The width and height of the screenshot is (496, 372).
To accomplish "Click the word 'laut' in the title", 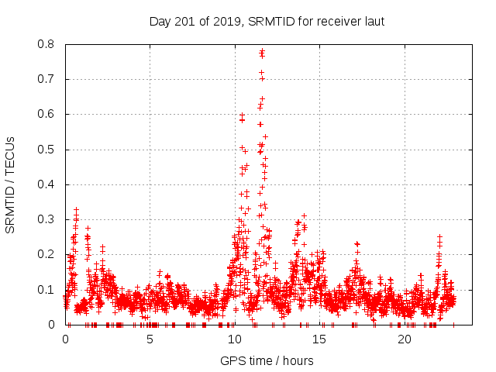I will pyautogui.click(x=373, y=21).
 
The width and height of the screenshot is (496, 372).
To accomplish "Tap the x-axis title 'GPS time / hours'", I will pyautogui.click(x=267, y=360).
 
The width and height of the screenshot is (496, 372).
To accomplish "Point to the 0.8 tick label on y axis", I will pyautogui.click(x=47, y=44).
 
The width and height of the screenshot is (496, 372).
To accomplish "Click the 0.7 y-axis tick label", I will pyautogui.click(x=47, y=79).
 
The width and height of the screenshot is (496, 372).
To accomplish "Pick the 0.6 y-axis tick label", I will pyautogui.click(x=47, y=114).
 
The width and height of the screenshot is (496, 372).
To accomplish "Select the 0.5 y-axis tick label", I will pyautogui.click(x=47, y=150).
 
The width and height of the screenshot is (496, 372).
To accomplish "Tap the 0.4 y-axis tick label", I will pyautogui.click(x=47, y=184).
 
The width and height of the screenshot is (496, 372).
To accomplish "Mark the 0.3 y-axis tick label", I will pyautogui.click(x=47, y=219).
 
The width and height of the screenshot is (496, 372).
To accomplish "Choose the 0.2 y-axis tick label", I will pyautogui.click(x=47, y=254).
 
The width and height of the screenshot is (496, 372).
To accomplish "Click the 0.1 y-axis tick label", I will pyautogui.click(x=47, y=290).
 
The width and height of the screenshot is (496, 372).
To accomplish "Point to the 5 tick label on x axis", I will pyautogui.click(x=150, y=340).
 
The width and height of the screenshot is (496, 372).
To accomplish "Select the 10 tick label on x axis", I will pyautogui.click(x=235, y=340).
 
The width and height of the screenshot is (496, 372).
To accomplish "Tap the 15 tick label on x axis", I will pyautogui.click(x=320, y=340).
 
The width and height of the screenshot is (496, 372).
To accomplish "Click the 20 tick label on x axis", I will pyautogui.click(x=405, y=340).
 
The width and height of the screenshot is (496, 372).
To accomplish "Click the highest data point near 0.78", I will pyautogui.click(x=262, y=51).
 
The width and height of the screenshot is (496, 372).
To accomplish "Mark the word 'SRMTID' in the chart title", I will pyautogui.click(x=267, y=21).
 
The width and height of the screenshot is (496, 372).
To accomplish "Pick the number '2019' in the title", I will pyautogui.click(x=227, y=21).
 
